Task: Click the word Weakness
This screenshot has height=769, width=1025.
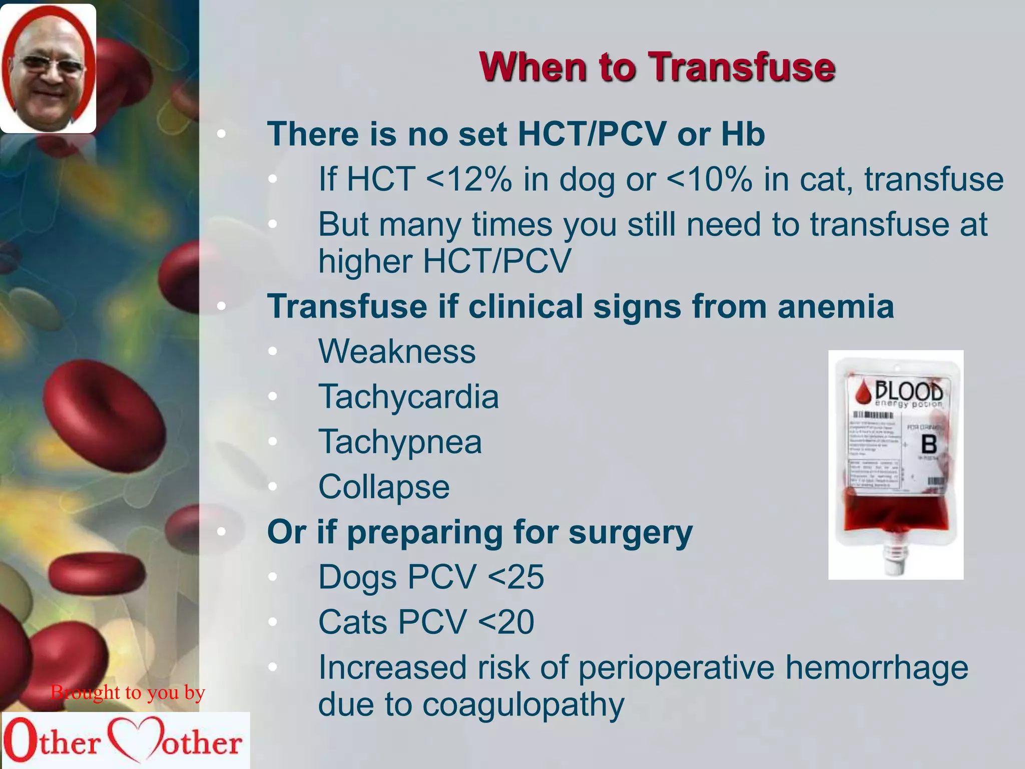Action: [397, 351]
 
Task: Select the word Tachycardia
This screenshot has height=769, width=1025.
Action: [408, 397]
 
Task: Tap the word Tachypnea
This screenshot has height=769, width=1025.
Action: [400, 442]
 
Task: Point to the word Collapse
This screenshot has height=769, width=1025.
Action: [384, 487]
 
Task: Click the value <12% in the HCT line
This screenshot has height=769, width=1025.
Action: [468, 179]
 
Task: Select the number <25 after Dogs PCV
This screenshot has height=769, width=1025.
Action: [516, 577]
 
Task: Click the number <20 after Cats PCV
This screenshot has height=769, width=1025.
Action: [506, 622]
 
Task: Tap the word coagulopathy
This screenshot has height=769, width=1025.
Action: [523, 705]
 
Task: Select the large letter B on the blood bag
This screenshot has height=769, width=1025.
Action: [929, 445]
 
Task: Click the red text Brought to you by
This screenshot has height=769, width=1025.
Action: [128, 692]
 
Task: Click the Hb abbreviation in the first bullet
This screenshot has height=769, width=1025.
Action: [743, 134]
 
